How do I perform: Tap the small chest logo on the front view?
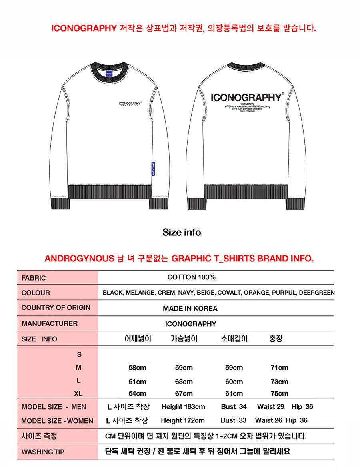(130, 104)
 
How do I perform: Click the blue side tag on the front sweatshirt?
(154, 169)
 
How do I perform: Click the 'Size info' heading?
(182, 232)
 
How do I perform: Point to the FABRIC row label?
(34, 278)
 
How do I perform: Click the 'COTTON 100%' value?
(191, 277)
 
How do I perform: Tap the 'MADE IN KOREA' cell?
(190, 308)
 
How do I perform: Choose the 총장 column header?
(276, 339)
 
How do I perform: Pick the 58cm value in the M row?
(137, 368)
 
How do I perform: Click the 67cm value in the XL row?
(184, 393)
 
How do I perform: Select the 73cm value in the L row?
(279, 382)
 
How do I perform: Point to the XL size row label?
(78, 394)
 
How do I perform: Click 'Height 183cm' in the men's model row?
(183, 407)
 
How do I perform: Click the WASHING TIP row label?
(43, 452)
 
